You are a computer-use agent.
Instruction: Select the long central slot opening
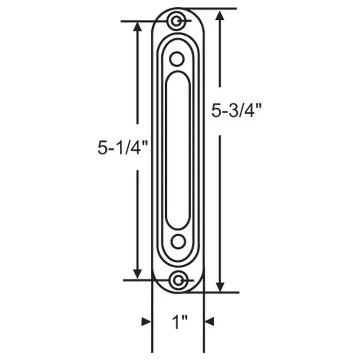pos(178,151)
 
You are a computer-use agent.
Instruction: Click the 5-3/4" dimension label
pos(236,110)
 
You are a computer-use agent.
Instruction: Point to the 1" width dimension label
pos(179,322)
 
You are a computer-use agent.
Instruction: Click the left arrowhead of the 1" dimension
pos(146,322)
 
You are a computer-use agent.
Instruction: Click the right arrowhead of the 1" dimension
pos(210,322)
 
